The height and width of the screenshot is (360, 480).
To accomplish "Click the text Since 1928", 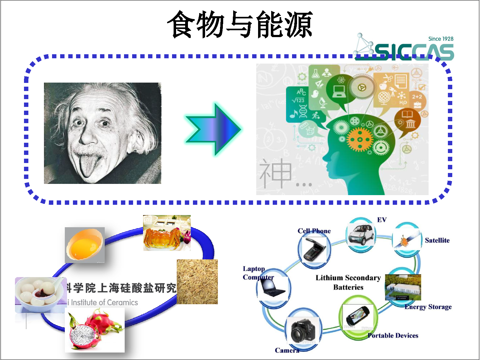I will coord(440,39).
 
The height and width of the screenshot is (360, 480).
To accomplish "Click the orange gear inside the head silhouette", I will coord(360,139).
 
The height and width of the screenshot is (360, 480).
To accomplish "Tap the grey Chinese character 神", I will coord(275,174).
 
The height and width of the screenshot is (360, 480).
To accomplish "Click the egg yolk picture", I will coord(84,245).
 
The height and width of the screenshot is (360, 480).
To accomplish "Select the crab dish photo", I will coord(167,233).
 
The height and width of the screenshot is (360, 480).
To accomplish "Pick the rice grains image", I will coord(197,282).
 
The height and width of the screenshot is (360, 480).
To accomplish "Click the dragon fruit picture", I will coord(94,330).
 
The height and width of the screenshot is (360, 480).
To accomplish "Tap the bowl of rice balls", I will coord(40,295).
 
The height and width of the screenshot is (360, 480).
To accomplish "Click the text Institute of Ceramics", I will coord(104,302).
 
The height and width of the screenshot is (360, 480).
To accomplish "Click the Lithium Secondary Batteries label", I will coord(348,282).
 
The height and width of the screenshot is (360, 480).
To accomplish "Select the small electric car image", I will coord(361,234).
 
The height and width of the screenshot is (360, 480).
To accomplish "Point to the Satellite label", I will coord(437,240).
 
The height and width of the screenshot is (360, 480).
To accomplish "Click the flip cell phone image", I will coord(314,249).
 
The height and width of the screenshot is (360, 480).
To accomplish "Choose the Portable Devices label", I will coord(393,335).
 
